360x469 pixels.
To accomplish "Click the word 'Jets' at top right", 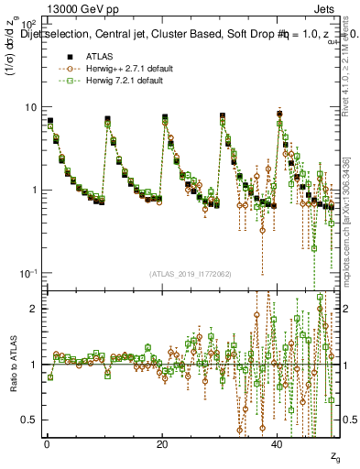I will [327, 8].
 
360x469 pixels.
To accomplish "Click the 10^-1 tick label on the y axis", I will [30, 274].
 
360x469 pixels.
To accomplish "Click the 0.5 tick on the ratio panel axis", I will [31, 420].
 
